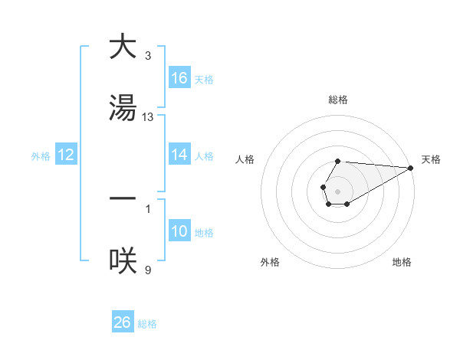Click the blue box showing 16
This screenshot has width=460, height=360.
click(x=179, y=78)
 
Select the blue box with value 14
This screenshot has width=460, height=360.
click(x=179, y=155)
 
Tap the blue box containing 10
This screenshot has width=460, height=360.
click(x=179, y=231)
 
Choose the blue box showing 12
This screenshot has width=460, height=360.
click(x=66, y=155)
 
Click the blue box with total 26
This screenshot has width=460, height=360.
click(x=122, y=322)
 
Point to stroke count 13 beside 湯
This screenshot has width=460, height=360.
click(x=148, y=116)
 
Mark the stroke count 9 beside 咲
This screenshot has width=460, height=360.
click(x=148, y=270)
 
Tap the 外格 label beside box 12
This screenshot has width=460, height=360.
click(x=41, y=156)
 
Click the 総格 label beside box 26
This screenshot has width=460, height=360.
click(x=147, y=324)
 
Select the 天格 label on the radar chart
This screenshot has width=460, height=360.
click(x=431, y=159)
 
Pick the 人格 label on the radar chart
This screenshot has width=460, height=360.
click(x=245, y=159)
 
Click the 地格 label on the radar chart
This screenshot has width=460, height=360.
click(x=402, y=262)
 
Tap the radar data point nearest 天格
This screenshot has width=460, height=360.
click(x=411, y=167)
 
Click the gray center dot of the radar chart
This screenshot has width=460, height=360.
click(x=337, y=190)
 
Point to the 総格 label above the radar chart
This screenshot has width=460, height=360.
click(x=337, y=100)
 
